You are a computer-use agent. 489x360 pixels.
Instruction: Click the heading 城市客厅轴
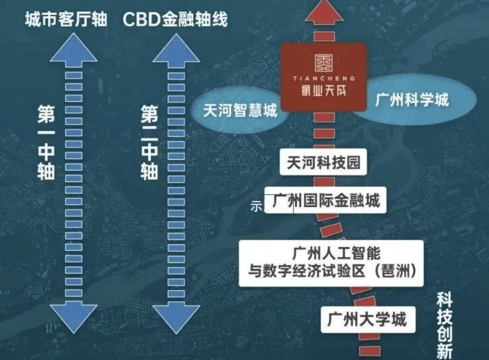tap(66, 20)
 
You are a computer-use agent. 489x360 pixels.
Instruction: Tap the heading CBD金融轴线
tap(175, 20)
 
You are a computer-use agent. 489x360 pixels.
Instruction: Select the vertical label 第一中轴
tap(46, 143)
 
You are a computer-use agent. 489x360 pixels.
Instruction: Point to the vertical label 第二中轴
tap(150, 143)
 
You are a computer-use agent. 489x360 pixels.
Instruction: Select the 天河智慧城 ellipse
tap(240, 111)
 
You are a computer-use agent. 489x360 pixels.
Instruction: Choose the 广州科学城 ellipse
tap(412, 100)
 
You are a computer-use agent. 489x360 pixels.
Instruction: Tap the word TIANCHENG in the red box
tap(324, 79)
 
